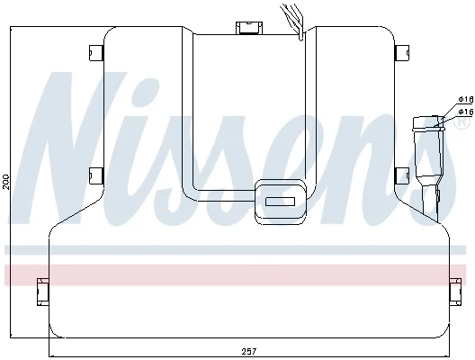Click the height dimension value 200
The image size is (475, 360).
pyautogui.click(x=6, y=182)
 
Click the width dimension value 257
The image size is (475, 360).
pyautogui.click(x=248, y=352)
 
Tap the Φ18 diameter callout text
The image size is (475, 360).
pyautogui.click(x=466, y=99)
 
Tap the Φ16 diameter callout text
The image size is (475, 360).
pyautogui.click(x=466, y=112)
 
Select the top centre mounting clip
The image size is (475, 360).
pyautogui.click(x=249, y=28)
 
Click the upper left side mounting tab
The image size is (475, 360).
pyautogui.click(x=96, y=53)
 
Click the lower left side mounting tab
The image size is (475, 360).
pyautogui.click(x=96, y=175)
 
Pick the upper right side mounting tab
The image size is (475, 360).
pyautogui.click(x=402, y=53)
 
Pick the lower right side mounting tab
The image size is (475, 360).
pyautogui.click(x=402, y=175)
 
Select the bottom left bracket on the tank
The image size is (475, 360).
pyautogui.click(x=42, y=292)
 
